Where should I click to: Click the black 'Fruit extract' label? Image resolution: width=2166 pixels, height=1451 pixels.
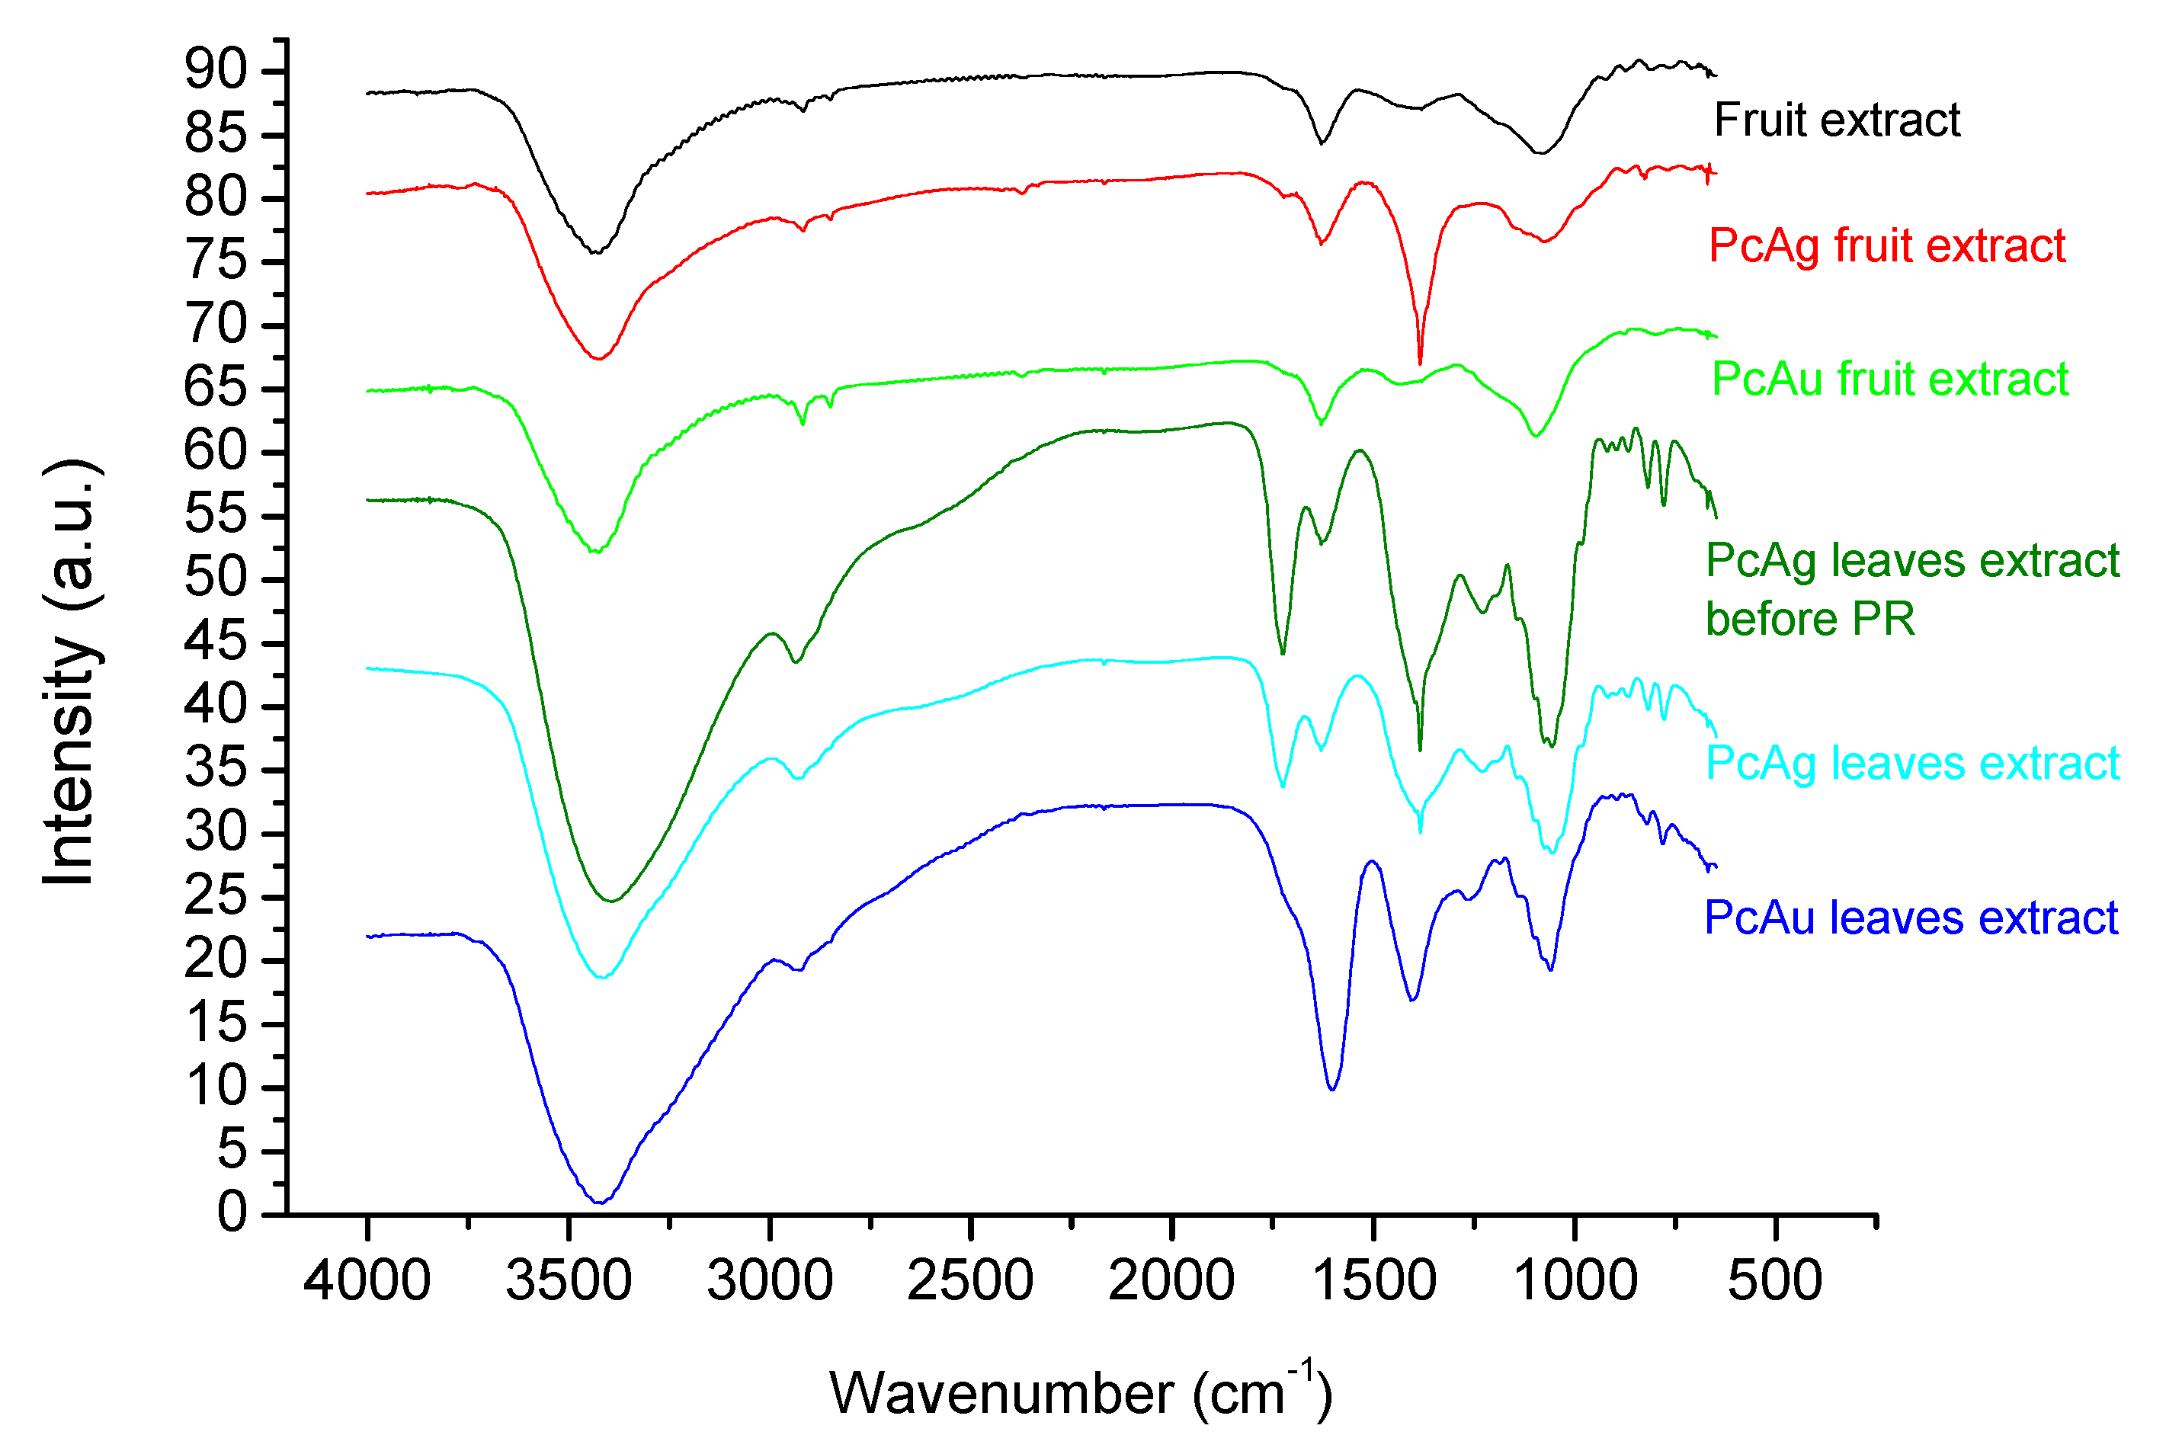click(x=1837, y=120)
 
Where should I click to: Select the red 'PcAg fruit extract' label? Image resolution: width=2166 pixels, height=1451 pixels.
click(x=1886, y=246)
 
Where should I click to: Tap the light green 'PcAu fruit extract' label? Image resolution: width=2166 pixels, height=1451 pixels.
click(x=1889, y=380)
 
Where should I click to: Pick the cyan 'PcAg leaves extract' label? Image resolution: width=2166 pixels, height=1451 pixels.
click(x=1912, y=764)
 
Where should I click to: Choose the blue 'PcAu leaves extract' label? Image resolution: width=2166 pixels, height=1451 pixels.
click(x=1911, y=918)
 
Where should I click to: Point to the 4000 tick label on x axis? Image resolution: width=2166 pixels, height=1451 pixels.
click(x=367, y=1282)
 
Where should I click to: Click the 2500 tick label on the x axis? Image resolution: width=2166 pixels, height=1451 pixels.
click(x=970, y=1282)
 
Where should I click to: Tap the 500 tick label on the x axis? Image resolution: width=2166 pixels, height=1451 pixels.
click(x=1774, y=1282)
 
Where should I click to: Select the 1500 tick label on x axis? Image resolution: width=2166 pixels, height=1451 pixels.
click(x=1374, y=1282)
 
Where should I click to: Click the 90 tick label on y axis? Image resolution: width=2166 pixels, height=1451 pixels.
click(x=216, y=69)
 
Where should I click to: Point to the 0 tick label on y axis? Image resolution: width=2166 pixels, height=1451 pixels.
click(x=232, y=1212)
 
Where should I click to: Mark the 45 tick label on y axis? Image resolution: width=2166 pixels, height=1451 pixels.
click(x=216, y=642)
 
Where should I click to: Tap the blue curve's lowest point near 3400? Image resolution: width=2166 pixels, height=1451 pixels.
click(x=601, y=1202)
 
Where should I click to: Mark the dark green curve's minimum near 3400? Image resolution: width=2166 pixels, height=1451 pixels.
click(x=610, y=902)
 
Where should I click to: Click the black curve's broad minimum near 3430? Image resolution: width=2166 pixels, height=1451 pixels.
click(x=598, y=251)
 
